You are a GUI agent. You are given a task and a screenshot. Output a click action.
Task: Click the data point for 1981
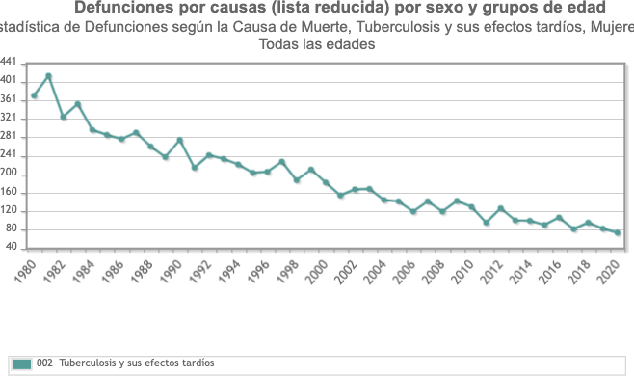coord(48,76)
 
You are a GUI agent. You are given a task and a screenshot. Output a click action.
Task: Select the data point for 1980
coord(34,95)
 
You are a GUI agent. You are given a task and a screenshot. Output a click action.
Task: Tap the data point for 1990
coord(180,140)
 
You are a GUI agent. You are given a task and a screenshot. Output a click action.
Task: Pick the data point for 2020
coord(618,232)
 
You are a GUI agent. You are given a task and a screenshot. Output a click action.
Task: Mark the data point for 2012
coord(501,208)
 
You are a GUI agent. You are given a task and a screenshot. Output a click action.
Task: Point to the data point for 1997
coord(281,162)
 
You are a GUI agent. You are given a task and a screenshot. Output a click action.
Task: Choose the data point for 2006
coord(413,211)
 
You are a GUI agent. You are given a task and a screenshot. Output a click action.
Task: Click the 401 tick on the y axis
coord(9,80)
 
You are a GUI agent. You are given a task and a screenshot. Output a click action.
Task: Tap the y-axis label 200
coord(9,173)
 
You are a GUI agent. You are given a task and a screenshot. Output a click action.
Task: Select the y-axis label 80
coord(12,228)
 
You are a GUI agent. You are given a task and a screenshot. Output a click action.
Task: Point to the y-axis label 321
coord(9,118)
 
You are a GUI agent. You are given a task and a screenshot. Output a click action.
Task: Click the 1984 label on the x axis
coord(83,271)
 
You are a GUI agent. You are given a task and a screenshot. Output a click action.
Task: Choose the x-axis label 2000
coord(317,272)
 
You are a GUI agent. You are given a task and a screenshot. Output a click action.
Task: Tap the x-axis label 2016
coord(550,272)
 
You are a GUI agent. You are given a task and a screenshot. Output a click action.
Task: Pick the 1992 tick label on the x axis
coord(200,272)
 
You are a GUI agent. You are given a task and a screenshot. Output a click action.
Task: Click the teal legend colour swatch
coord(22,363)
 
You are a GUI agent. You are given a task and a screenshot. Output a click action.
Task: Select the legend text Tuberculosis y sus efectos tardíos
coord(137,363)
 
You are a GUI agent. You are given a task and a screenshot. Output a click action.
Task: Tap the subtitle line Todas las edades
coord(317,43)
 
